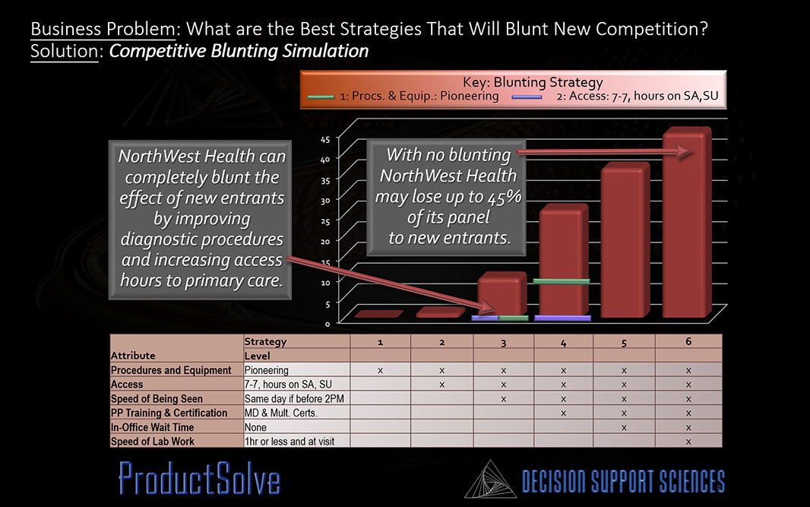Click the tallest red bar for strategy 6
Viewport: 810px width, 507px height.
click(x=687, y=222)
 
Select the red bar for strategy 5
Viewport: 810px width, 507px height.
click(x=625, y=239)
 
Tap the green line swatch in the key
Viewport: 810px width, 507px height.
click(x=321, y=97)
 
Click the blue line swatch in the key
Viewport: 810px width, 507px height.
click(x=527, y=97)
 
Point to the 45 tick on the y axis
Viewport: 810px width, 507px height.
click(x=325, y=139)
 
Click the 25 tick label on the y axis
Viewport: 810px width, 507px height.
click(x=325, y=221)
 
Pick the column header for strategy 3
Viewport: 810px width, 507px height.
click(x=504, y=343)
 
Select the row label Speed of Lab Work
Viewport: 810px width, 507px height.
click(x=153, y=442)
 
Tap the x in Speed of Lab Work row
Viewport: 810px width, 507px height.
click(x=688, y=442)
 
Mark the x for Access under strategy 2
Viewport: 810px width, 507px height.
click(x=441, y=385)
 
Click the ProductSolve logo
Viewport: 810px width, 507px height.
click(x=199, y=479)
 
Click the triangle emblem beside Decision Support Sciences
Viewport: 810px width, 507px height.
click(x=490, y=480)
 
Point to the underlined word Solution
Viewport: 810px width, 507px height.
click(x=64, y=51)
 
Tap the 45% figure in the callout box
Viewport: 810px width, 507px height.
click(x=506, y=197)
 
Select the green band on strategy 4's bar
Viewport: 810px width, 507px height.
click(x=561, y=282)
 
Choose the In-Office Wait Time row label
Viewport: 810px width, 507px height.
click(x=152, y=427)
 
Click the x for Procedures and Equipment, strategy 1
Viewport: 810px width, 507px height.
click(x=380, y=371)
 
